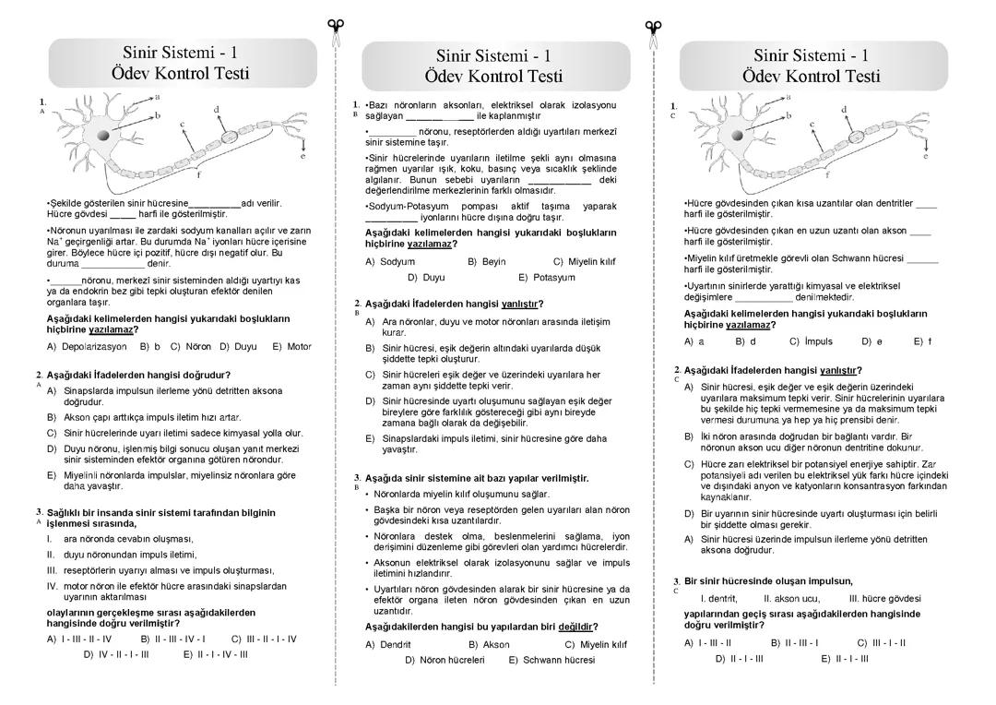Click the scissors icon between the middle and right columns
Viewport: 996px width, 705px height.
[653, 33]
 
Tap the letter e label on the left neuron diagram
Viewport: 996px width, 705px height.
[302, 156]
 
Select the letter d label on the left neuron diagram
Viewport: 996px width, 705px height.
[217, 110]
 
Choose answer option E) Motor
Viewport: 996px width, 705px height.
[292, 347]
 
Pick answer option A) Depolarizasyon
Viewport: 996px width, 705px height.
[87, 347]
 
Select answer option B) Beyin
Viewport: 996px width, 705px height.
[487, 262]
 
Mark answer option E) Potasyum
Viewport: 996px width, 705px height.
[547, 277]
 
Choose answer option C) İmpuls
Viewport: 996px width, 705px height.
[811, 341]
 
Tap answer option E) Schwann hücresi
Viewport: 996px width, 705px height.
[551, 660]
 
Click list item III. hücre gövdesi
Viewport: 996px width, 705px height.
[884, 598]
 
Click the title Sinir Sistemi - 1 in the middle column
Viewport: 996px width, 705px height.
[493, 55]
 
